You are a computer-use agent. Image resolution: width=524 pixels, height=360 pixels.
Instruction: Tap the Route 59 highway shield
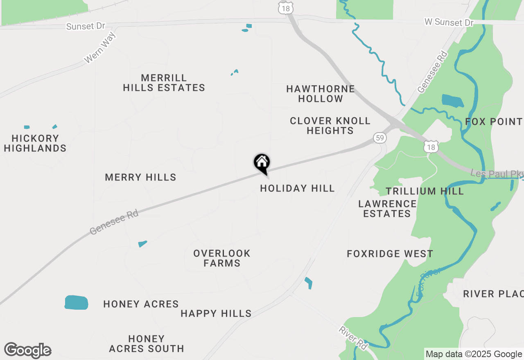380,138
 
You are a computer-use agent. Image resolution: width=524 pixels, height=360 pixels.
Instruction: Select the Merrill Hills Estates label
164,83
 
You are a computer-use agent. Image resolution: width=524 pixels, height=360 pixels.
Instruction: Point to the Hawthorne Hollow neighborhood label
320,94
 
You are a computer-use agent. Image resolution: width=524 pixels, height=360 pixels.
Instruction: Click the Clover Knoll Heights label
330,126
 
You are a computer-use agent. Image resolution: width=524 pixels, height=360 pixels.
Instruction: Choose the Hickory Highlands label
35,143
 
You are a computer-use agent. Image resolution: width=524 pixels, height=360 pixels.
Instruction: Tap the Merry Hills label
140,177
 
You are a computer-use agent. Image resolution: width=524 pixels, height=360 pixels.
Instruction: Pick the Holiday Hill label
297,188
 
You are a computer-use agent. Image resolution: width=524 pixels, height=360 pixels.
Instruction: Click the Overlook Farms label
222,258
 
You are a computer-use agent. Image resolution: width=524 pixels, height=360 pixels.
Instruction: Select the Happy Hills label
216,313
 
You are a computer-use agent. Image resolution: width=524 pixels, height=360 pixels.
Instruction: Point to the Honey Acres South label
146,344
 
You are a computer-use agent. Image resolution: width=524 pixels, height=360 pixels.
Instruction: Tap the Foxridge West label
390,254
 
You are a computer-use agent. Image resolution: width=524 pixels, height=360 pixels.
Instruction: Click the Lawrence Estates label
387,209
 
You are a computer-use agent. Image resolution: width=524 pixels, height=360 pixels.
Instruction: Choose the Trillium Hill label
425,191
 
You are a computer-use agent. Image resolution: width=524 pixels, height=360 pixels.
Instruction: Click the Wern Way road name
100,48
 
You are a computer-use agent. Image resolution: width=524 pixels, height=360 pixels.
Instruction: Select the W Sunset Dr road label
449,22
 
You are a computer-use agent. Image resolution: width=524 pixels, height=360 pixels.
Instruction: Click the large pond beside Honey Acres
76,302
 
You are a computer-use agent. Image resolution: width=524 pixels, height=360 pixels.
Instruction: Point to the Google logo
28,350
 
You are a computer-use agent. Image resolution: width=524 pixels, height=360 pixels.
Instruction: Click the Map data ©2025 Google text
474,354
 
